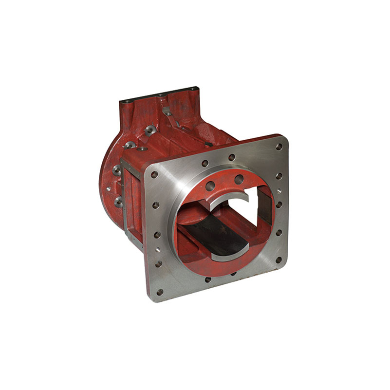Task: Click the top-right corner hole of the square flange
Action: (x=279, y=146)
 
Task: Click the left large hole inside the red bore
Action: (x=210, y=186)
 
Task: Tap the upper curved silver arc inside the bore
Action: (x=229, y=200)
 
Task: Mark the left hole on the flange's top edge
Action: (x=205, y=163)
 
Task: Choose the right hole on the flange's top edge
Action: (x=232, y=157)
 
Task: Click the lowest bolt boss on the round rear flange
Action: (x=118, y=202)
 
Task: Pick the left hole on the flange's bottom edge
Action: (x=208, y=279)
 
